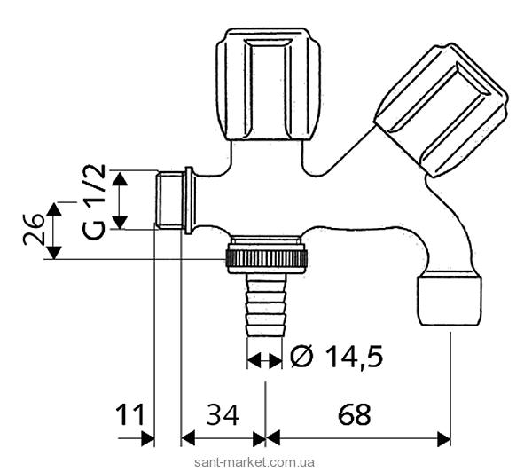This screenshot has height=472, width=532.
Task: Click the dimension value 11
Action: [130, 414]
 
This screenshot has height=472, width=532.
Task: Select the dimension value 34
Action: [223, 414]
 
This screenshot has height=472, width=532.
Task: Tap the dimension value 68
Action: [354, 414]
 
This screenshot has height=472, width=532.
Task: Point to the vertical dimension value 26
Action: [34, 229]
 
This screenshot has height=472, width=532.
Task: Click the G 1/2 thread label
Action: [94, 202]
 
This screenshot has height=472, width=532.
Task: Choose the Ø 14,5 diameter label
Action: [337, 357]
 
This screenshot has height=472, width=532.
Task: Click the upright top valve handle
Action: [268, 84]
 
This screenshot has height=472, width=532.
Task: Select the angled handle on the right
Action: [441, 109]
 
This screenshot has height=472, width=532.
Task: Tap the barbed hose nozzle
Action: [264, 304]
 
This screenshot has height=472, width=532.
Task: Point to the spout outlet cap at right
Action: [449, 300]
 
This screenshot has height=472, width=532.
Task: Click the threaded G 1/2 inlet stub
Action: [170, 200]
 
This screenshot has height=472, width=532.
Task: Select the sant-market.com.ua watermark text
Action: [254, 462]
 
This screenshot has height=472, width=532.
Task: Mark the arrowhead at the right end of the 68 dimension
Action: [444, 439]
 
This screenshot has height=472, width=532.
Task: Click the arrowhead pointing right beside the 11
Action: [147, 439]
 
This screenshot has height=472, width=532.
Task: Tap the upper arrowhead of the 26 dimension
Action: [54, 209]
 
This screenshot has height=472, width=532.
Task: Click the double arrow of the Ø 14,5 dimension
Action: [264, 360]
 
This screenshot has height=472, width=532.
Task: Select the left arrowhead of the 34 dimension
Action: [188, 439]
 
